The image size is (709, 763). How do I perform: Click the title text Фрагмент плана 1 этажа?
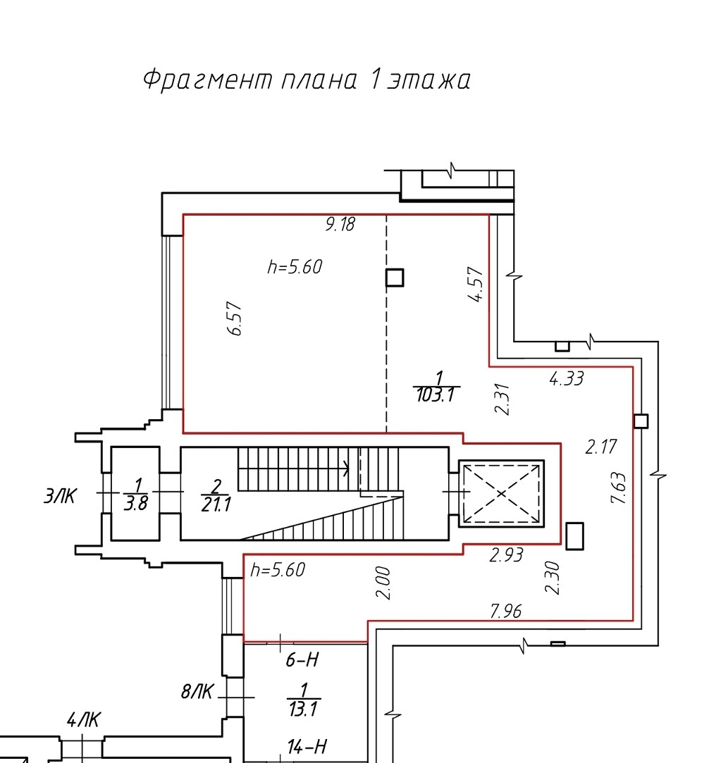coord(307,80)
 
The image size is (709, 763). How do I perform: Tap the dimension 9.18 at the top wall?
coord(340,224)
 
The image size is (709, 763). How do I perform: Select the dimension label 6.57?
coord(235,318)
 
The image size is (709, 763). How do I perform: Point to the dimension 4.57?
coord(476,284)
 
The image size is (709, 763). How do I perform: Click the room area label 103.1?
coord(436,395)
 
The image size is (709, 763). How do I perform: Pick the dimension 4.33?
coord(567,378)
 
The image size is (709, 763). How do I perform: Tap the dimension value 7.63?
coord(618,488)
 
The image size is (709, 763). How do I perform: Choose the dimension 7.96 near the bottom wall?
coord(506,611)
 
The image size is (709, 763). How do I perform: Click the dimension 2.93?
coord(506,554)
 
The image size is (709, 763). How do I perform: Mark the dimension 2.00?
coord(383,583)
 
